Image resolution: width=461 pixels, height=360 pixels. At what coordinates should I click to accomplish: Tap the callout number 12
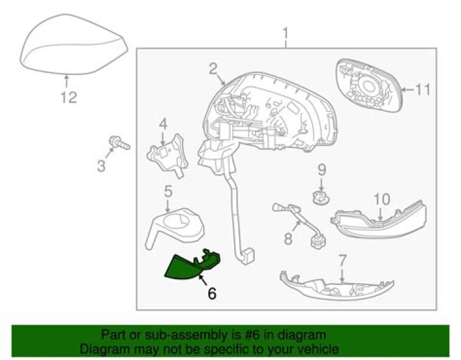69,97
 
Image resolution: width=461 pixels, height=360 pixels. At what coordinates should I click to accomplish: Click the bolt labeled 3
119,143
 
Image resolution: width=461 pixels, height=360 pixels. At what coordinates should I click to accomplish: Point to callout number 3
101,166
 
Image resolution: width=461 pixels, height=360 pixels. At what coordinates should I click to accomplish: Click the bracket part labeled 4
168,156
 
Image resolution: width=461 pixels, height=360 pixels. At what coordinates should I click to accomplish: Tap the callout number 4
163,124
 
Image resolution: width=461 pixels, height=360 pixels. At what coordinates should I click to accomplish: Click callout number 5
168,191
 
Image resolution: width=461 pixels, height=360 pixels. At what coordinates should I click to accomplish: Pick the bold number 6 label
212,293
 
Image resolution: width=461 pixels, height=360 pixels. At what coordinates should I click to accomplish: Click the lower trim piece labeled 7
337,285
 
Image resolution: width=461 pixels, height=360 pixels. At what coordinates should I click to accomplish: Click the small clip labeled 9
321,198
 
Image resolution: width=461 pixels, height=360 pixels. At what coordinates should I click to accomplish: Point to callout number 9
322,170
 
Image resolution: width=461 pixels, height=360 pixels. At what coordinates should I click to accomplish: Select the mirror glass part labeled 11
369,85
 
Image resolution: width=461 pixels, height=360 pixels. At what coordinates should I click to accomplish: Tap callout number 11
423,90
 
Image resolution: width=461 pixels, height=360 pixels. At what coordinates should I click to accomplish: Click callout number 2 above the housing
213,69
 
